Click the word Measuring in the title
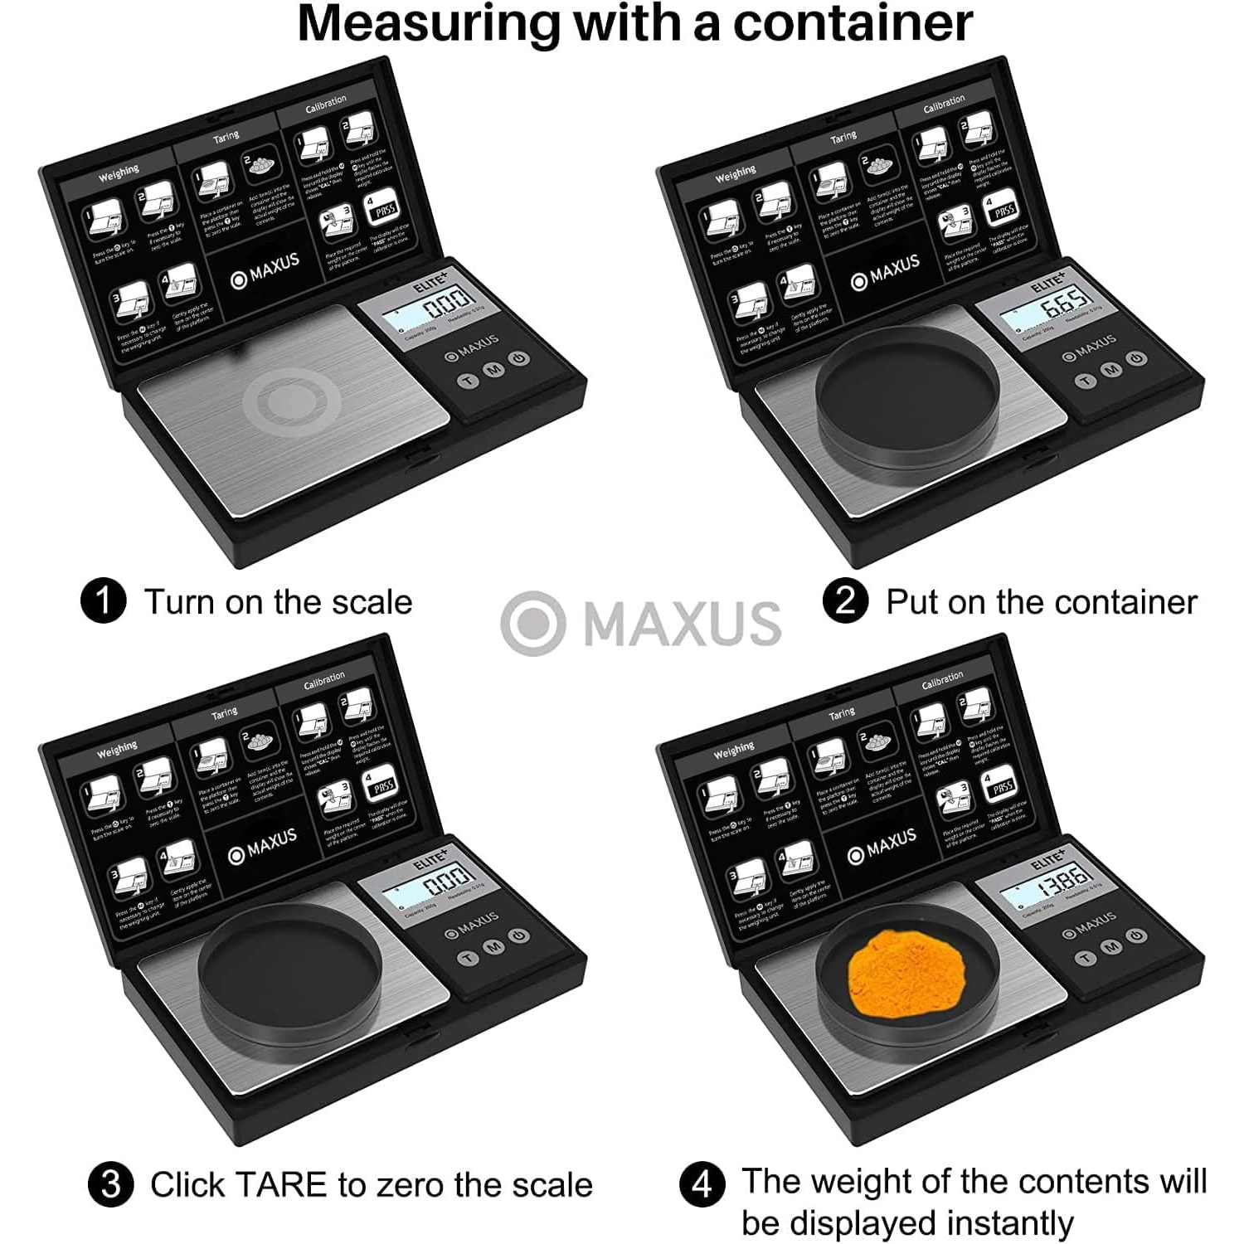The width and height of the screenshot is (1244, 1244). [429, 23]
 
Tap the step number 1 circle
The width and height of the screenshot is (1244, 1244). [103, 601]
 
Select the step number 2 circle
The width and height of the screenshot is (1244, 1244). [845, 601]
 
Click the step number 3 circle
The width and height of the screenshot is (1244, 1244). [110, 1184]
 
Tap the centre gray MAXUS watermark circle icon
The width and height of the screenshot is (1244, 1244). [532, 624]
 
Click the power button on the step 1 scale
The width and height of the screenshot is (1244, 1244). [519, 359]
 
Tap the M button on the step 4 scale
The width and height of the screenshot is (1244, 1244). [1111, 946]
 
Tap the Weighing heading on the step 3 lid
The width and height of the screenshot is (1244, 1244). [117, 751]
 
